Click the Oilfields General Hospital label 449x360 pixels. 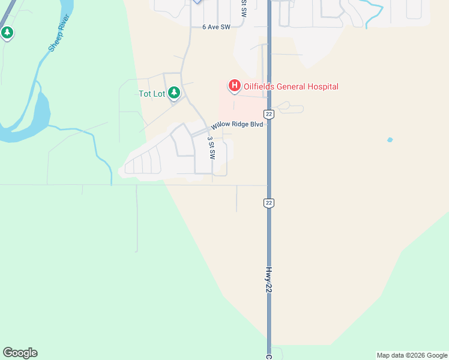click(x=291, y=87)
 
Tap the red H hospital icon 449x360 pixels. click(x=234, y=86)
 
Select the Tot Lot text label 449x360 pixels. click(x=152, y=94)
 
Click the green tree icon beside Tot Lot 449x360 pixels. click(x=174, y=92)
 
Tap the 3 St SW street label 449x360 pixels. click(x=211, y=147)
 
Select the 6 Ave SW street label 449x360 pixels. click(x=217, y=27)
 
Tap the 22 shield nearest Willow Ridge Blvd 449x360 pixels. click(x=269, y=114)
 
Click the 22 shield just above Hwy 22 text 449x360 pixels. click(x=269, y=203)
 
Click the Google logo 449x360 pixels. click(x=20, y=353)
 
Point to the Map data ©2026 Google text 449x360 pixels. click(x=412, y=356)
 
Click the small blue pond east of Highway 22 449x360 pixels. click(x=390, y=140)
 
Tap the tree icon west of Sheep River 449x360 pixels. click(x=7, y=32)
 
